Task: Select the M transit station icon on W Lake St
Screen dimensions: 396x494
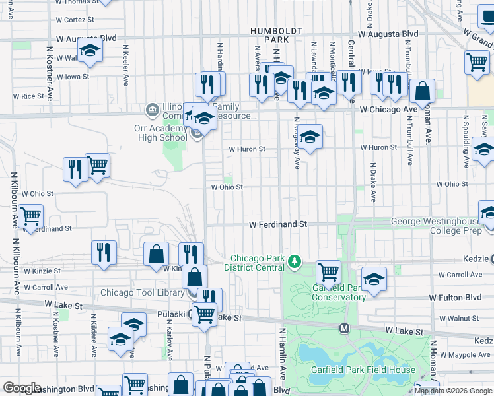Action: pos(344,328)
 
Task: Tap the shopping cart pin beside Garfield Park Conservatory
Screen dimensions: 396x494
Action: pos(328,271)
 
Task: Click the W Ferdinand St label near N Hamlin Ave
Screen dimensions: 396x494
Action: pos(278,224)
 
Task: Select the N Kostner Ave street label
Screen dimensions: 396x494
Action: pos(50,73)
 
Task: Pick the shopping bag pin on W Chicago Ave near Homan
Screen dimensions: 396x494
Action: pos(423,91)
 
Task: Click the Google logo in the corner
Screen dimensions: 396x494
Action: pos(22,388)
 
